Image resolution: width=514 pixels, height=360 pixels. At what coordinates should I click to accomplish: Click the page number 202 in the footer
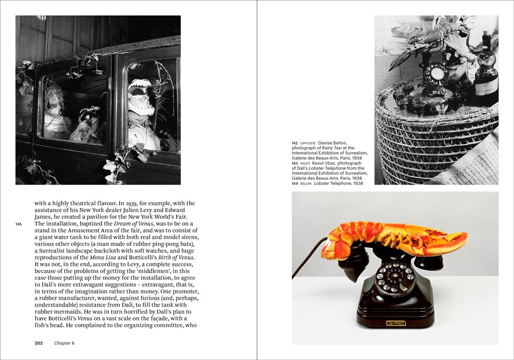[39, 343]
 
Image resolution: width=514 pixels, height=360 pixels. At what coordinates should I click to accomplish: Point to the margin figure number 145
[19, 224]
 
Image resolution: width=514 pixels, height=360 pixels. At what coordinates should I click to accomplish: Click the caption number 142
[295, 143]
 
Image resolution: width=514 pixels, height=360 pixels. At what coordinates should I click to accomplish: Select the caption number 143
[295, 163]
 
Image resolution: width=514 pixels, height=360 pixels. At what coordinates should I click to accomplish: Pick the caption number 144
[295, 183]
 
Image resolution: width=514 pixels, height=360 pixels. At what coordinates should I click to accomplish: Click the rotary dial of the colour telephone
[394, 277]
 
